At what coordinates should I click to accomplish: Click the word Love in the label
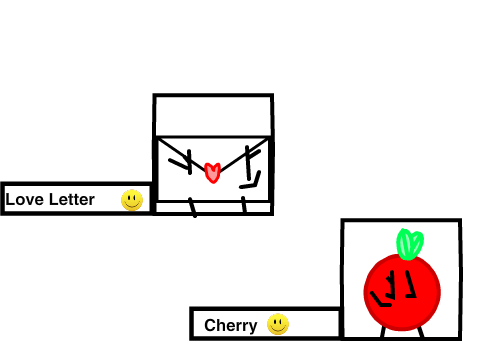25,199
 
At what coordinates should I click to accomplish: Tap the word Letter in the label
72,199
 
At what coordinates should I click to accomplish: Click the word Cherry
231,326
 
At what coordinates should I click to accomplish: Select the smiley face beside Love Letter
132,200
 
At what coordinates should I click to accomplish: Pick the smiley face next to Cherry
278,324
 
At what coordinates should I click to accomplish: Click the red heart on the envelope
212,172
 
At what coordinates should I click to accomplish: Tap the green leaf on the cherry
410,244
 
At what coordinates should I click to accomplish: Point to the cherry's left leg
383,332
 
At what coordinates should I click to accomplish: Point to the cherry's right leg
421,332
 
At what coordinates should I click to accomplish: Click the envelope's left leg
192,207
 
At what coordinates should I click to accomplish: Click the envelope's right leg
244,205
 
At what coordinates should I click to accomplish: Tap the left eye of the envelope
182,162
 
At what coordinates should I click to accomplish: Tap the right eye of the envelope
251,162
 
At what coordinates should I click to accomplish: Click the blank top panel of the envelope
213,116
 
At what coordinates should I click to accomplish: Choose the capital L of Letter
53,199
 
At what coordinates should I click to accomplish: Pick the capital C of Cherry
210,325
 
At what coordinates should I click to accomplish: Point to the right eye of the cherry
411,284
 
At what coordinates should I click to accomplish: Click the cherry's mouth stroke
380,300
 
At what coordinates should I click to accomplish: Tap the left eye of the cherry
390,285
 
